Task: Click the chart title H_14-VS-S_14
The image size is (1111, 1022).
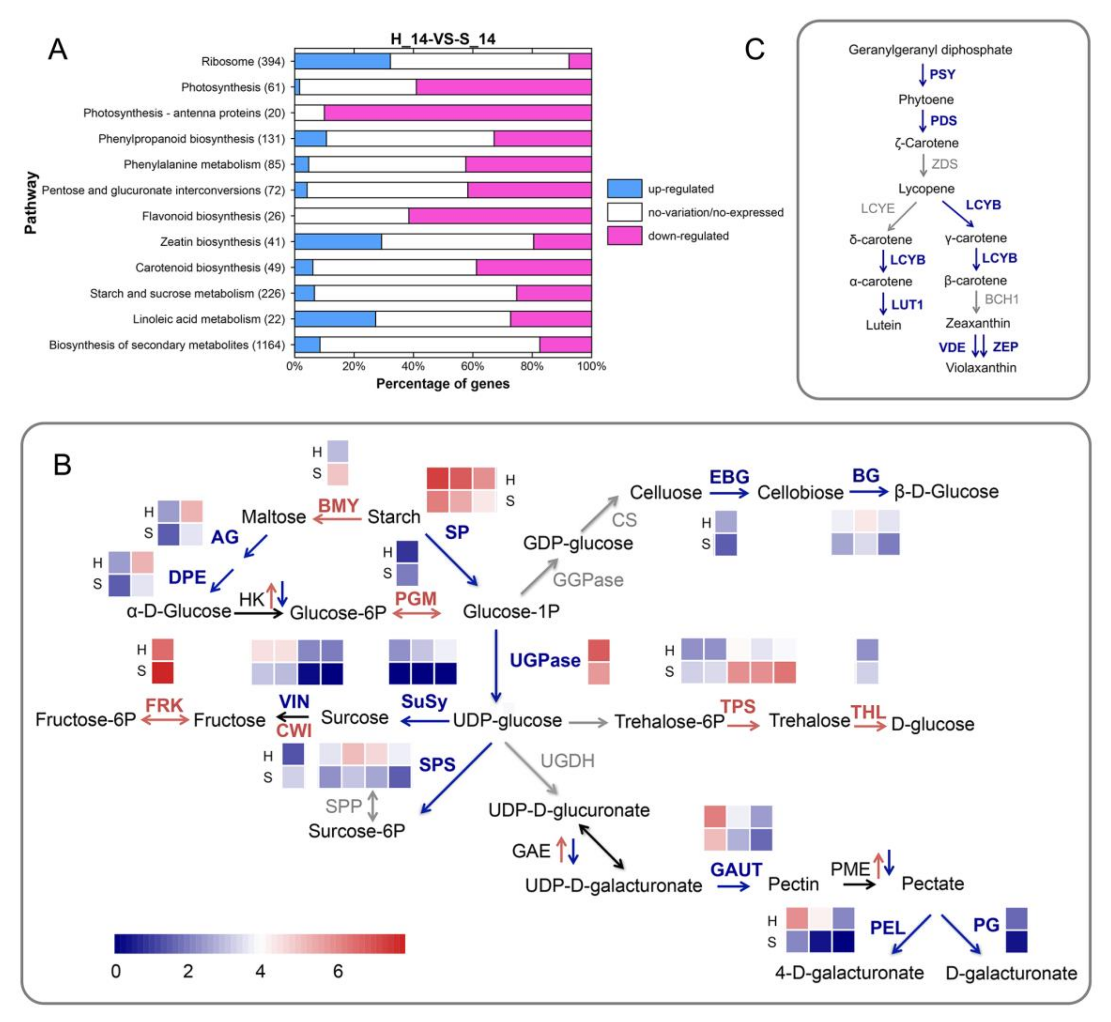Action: pos(443,39)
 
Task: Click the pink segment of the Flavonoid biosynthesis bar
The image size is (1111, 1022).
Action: pos(500,216)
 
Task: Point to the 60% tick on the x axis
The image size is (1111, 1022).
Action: pos(472,366)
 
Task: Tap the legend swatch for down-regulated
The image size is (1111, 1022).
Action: pos(624,236)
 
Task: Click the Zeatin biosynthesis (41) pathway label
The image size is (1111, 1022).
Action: pos(222,242)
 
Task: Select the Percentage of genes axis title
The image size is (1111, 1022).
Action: pos(443,384)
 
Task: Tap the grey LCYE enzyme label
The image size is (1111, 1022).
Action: pos(877,208)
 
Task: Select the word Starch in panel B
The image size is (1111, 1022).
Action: pos(394,516)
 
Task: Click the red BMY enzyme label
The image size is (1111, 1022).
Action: pos(338,506)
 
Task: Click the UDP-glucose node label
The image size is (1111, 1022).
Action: pos(507,720)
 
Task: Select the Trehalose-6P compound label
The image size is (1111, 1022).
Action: pos(669,721)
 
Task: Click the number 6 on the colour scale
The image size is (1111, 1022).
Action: pos(338,971)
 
